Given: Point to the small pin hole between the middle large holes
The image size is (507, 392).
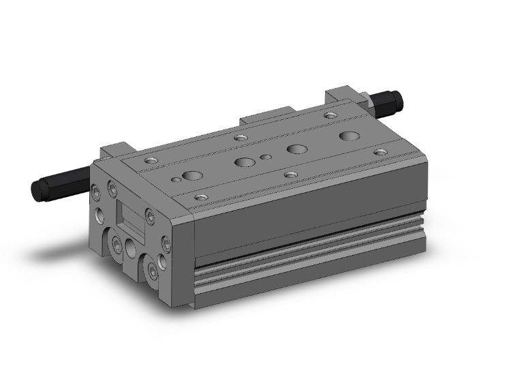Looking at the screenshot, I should (266, 157).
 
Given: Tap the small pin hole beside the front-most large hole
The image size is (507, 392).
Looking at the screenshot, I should (176, 180).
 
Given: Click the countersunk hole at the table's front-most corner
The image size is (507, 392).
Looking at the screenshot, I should (200, 198).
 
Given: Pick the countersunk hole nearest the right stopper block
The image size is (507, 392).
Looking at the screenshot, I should (331, 116).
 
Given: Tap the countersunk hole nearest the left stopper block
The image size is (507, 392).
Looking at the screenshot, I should (149, 162).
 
